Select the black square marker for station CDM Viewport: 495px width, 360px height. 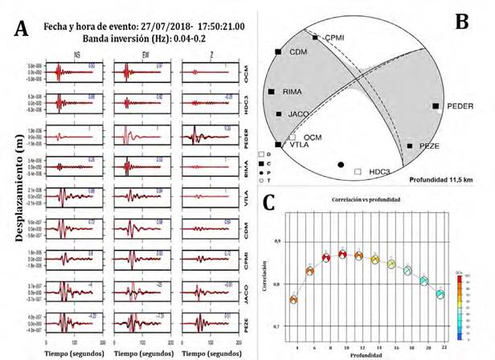coord(278,52)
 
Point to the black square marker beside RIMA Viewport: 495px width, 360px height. coord(272,92)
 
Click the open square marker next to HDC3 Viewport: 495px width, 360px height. coord(358,171)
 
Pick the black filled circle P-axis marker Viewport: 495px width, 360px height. coord(342,164)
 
